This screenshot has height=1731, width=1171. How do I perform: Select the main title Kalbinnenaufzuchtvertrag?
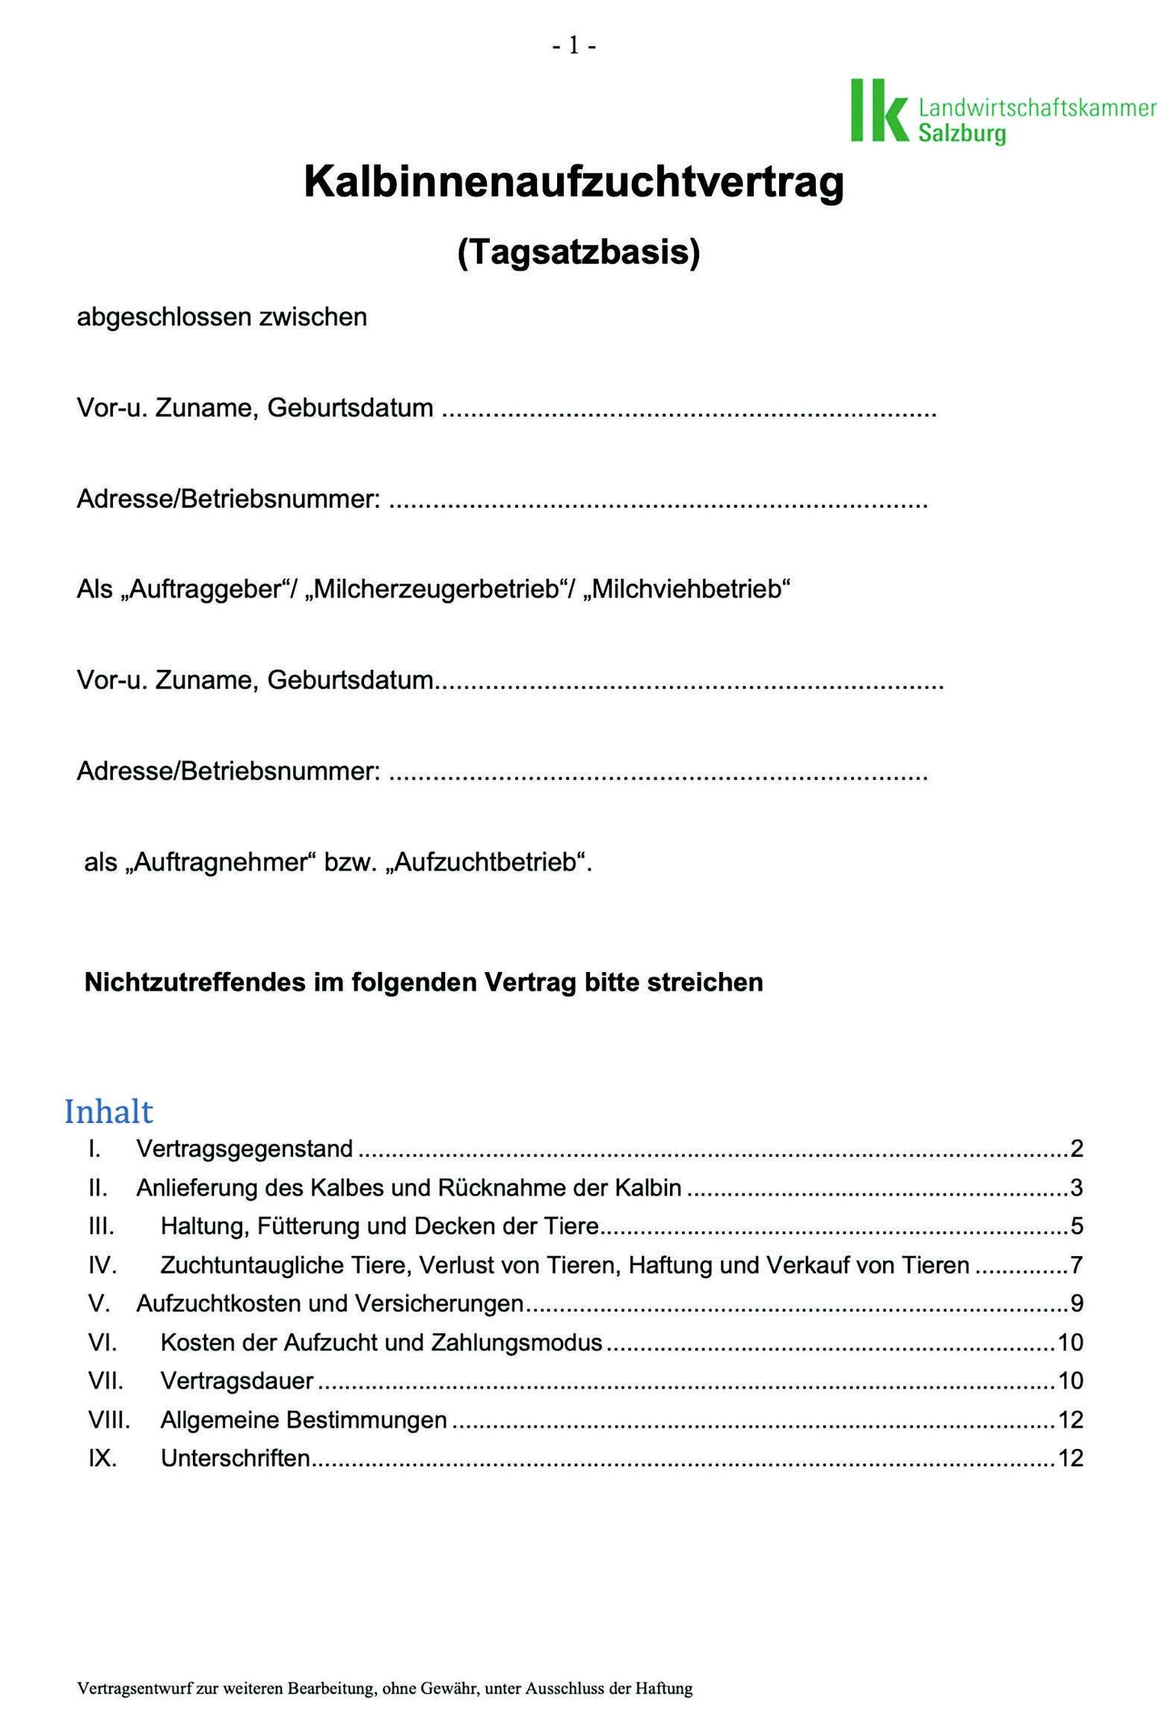(x=574, y=182)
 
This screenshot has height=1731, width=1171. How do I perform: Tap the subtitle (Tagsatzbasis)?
(x=578, y=253)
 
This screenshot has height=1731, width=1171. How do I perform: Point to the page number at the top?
(x=574, y=46)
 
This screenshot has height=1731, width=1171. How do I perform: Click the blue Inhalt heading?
(x=108, y=1111)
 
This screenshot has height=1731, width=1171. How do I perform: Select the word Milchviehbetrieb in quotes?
(x=685, y=590)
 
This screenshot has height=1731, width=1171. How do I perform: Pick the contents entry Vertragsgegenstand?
(x=245, y=1149)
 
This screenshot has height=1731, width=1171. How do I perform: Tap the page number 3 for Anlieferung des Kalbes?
(x=1076, y=1187)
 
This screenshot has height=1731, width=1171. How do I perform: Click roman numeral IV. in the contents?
(x=102, y=1265)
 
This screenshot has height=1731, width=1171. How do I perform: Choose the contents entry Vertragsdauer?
(x=237, y=1380)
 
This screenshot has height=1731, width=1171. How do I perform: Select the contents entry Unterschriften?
(x=236, y=1458)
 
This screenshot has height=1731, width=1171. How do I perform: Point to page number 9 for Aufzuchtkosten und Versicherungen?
(x=1076, y=1304)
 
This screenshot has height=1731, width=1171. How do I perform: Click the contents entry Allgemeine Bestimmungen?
(x=304, y=1419)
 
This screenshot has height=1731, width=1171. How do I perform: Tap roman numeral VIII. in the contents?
(x=109, y=1419)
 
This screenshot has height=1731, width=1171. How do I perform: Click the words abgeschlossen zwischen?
(x=222, y=317)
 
